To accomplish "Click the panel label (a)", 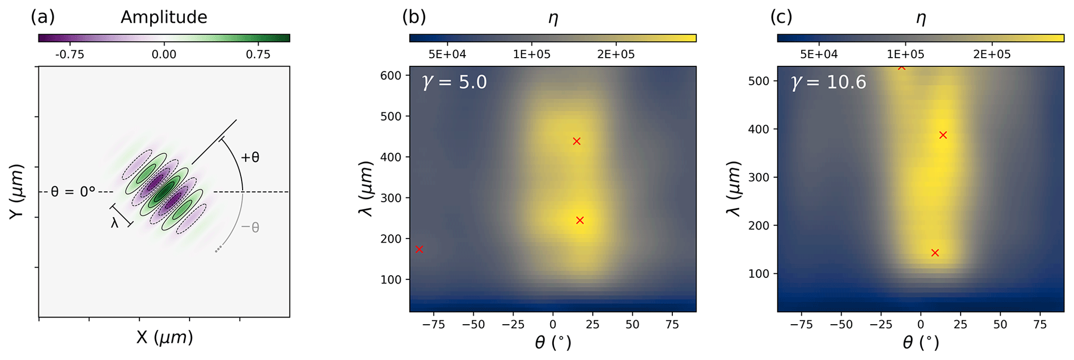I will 43,17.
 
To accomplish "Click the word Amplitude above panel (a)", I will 164,17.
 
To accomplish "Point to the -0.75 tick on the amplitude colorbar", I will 69,55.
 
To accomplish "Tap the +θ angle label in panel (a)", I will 250,157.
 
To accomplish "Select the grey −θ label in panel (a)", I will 250,227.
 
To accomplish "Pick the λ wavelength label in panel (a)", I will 115,223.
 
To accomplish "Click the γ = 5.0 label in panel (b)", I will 455,82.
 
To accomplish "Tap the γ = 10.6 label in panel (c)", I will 829,82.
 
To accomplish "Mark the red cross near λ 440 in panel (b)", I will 576,141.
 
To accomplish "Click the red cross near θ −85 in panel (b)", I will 419,249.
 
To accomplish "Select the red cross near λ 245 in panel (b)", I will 580,220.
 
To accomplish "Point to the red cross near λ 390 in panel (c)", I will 943,135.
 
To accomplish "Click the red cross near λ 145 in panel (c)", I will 935,253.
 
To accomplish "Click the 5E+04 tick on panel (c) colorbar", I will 819,55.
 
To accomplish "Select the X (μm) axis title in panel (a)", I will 164,338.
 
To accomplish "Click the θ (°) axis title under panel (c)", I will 920,342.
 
